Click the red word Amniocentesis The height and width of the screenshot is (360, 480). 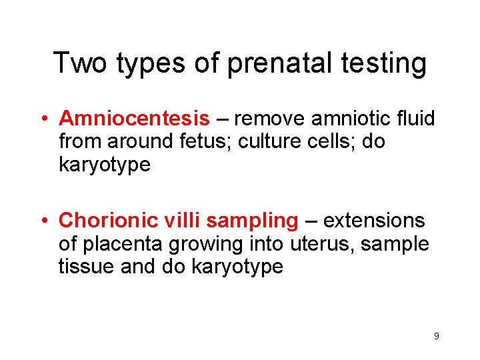tap(134, 119)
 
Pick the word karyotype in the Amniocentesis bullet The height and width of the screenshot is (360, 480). tap(105, 165)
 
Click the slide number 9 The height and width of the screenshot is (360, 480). tap(436, 336)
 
